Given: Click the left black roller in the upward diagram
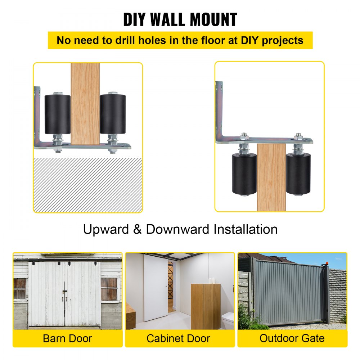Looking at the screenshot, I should click(57, 114).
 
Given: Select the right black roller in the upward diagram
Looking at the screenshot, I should click(113, 114).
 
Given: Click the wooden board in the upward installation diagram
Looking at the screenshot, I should click(85, 104).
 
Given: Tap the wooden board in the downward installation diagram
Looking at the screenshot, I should click(271, 176).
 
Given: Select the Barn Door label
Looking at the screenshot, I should click(67, 339).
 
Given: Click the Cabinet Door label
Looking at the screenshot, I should click(178, 339).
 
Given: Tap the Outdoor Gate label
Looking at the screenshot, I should click(292, 339).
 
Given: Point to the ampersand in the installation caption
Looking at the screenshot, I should click(137, 229).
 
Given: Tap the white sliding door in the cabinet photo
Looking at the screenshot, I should click(156, 288).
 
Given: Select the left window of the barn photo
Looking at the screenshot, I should click(20, 289).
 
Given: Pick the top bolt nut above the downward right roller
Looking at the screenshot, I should click(298, 137).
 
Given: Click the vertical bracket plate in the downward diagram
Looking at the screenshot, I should click(219, 108).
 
